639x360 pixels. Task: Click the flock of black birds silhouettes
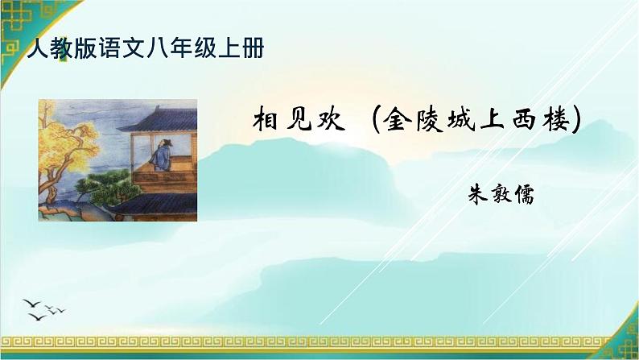click(x=46, y=306)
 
